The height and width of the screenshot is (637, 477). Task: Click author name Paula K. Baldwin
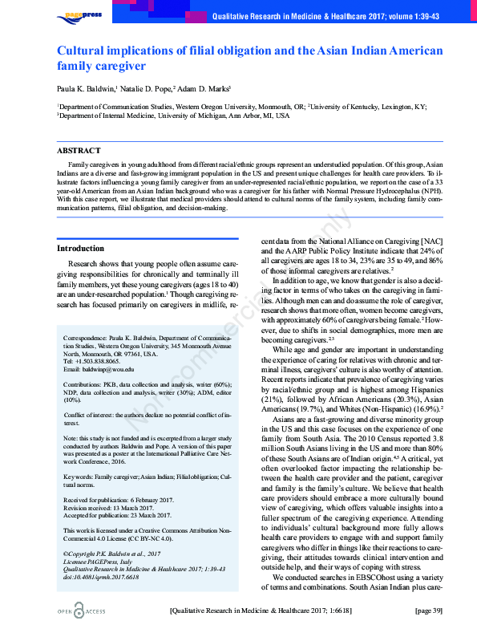tap(86, 88)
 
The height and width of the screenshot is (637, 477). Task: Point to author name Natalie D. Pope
tap(146, 88)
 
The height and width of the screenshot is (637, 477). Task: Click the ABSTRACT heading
tap(79, 151)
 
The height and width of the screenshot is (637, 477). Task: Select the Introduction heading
tap(80, 249)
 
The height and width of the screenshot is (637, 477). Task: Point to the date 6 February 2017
tap(148, 500)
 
